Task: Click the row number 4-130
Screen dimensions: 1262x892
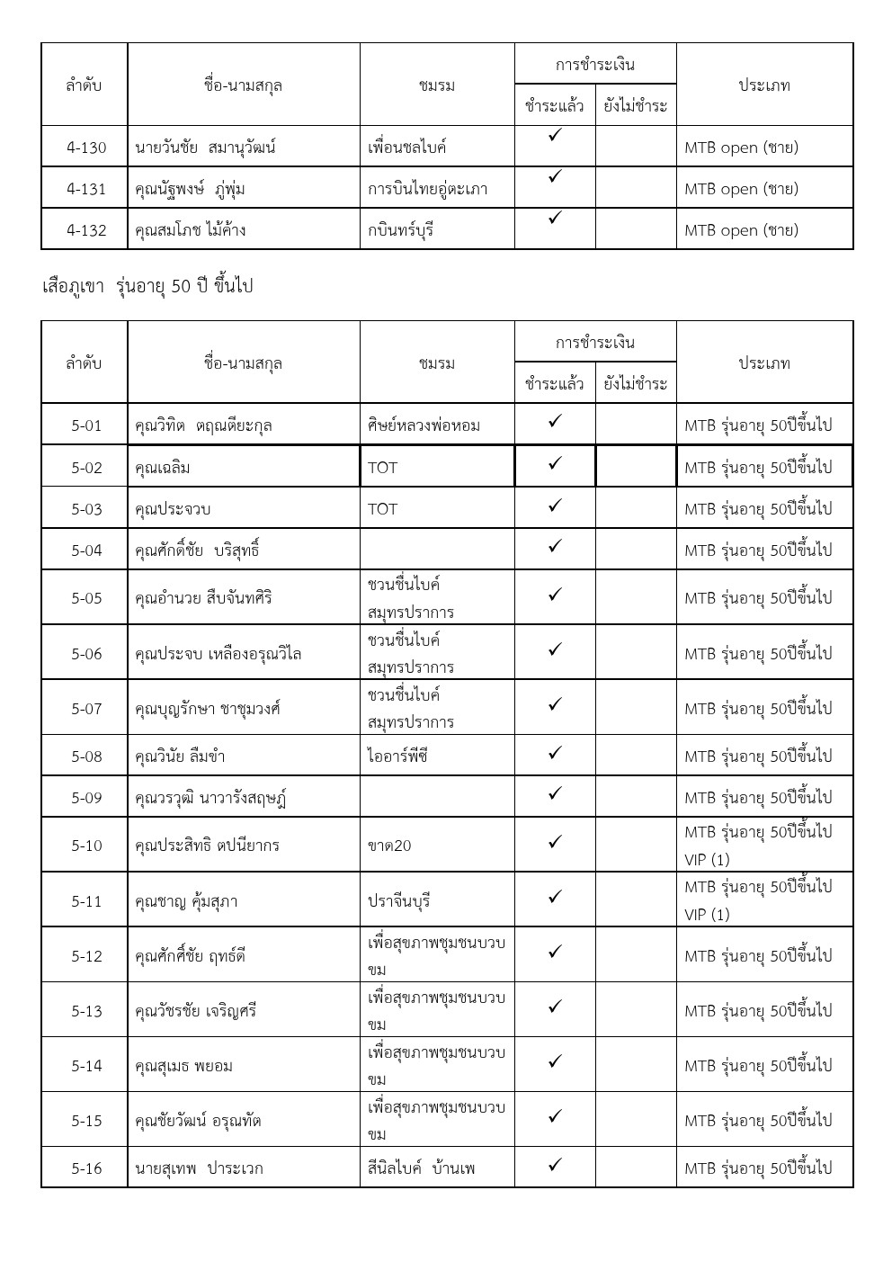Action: (x=86, y=148)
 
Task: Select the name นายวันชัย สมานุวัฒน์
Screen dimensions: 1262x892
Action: (x=205, y=148)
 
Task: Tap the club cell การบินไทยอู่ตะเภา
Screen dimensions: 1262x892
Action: (x=427, y=189)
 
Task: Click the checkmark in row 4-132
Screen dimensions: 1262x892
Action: (x=555, y=218)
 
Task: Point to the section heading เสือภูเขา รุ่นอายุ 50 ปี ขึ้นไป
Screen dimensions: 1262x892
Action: (x=147, y=286)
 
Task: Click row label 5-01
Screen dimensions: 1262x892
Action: (x=86, y=425)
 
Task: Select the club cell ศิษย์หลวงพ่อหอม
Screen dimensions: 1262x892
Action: (x=424, y=425)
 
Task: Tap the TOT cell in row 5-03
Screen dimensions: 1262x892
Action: (x=382, y=509)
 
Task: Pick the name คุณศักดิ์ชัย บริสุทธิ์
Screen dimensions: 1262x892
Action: (x=197, y=550)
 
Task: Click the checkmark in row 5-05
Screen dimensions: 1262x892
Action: (x=555, y=595)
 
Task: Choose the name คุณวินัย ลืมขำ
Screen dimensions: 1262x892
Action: (x=180, y=756)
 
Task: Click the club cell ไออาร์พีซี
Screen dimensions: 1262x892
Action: (x=397, y=756)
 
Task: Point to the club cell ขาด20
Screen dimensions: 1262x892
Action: (x=389, y=846)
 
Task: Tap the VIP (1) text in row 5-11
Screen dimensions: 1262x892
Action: (x=707, y=915)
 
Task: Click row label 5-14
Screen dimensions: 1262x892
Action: (x=86, y=1066)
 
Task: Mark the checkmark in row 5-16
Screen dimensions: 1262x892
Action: (x=555, y=1165)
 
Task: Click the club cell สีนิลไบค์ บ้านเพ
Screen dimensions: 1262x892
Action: (x=421, y=1168)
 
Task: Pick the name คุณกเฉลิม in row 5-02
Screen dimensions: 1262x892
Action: (x=162, y=468)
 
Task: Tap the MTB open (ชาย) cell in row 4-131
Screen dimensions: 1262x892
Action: (x=741, y=189)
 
